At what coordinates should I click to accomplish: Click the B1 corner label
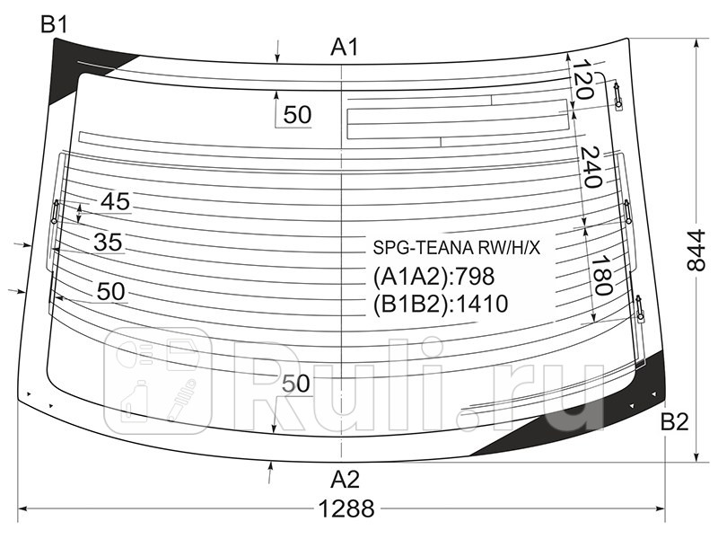[54, 25]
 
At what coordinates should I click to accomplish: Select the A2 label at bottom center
[345, 478]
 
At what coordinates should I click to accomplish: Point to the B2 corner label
[674, 422]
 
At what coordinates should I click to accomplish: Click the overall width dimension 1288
[346, 509]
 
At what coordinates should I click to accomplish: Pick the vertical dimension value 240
[590, 166]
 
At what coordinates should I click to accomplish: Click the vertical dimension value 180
[600, 275]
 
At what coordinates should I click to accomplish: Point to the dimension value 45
[115, 202]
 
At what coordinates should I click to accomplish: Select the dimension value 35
[108, 243]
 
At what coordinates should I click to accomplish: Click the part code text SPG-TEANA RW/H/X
[457, 249]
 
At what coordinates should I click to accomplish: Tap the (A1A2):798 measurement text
[433, 277]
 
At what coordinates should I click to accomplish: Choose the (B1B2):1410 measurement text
[440, 305]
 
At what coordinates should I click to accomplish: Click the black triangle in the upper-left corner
[72, 63]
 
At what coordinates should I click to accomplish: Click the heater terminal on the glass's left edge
[55, 212]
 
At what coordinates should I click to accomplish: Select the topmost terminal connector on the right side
[617, 94]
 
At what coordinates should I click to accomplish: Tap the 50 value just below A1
[296, 115]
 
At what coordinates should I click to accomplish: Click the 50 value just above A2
[296, 384]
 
